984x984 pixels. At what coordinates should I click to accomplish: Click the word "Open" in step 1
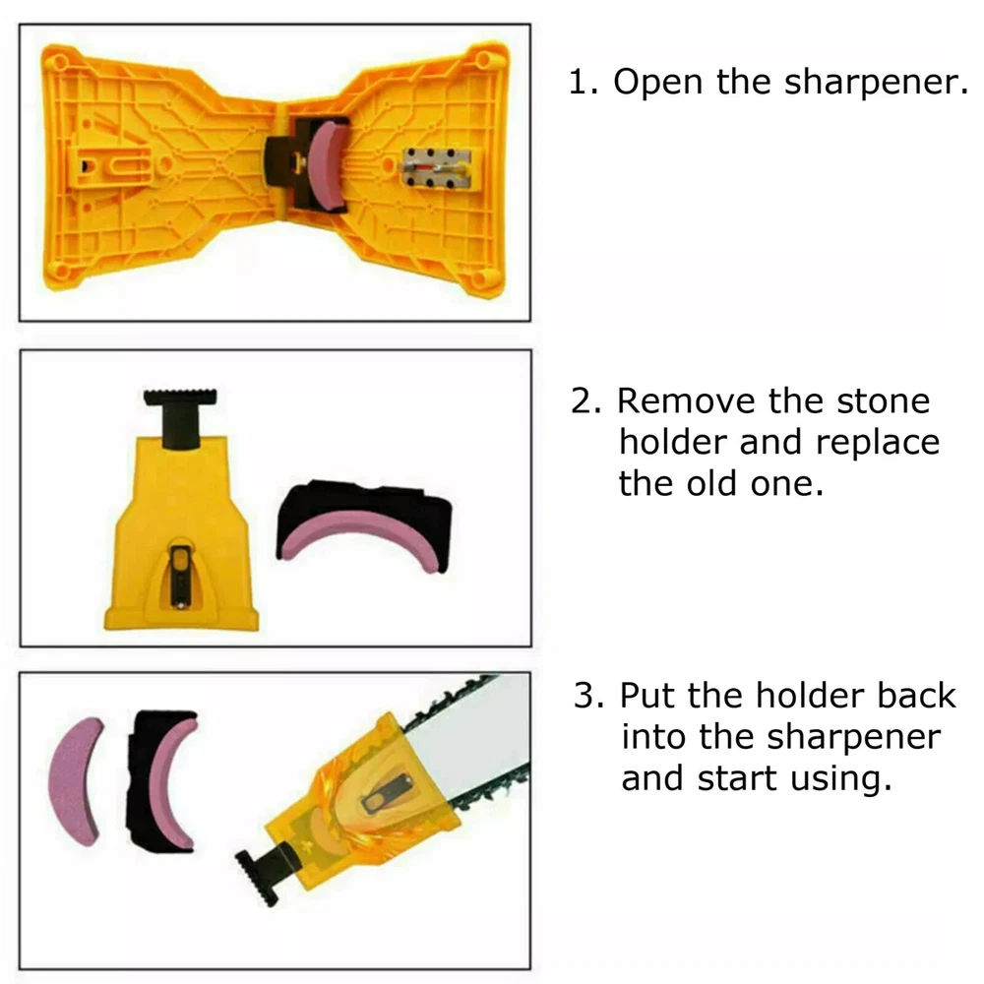tap(657, 83)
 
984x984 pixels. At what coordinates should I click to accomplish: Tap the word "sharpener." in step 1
tap(876, 83)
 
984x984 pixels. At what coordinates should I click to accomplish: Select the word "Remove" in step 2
tap(687, 400)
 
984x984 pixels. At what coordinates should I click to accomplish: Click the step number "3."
tap(588, 696)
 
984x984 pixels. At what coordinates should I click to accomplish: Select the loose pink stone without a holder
tap(75, 779)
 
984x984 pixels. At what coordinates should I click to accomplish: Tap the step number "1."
tap(583, 83)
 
